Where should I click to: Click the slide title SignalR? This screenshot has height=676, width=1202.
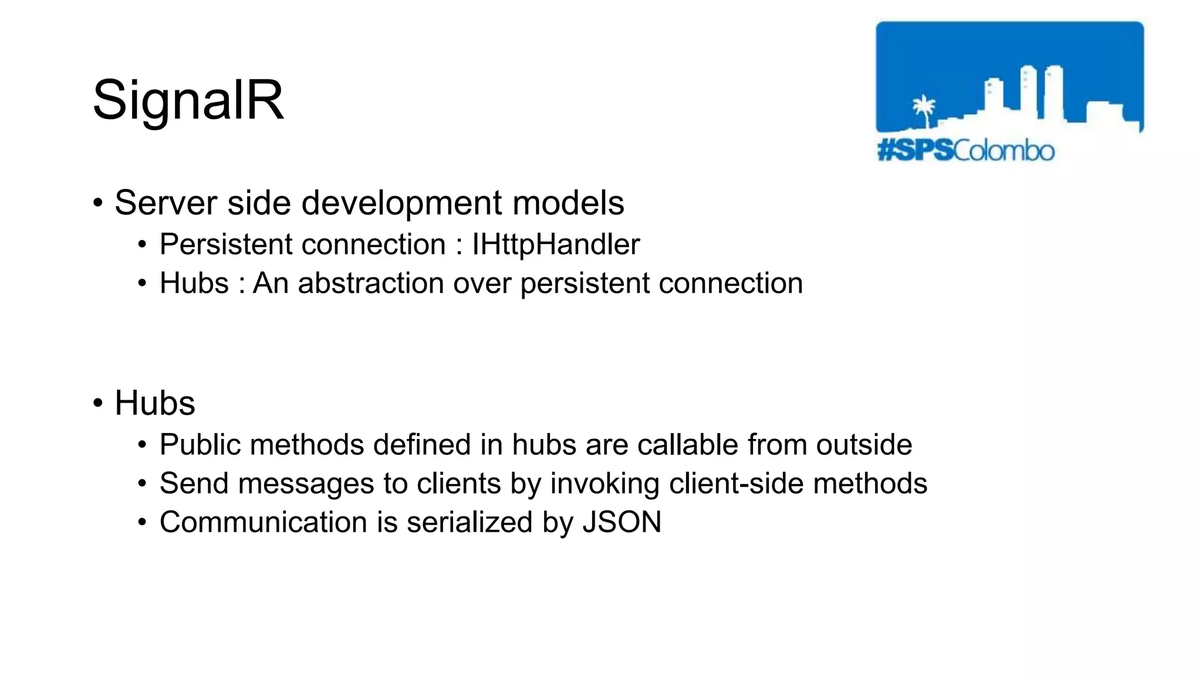(x=188, y=100)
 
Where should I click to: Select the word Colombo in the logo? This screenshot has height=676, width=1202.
(x=1004, y=151)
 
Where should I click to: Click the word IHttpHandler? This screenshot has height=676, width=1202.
(x=555, y=244)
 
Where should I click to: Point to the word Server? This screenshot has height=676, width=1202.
(x=166, y=203)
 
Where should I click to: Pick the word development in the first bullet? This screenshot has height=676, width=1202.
(x=401, y=203)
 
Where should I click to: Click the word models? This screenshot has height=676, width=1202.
(x=568, y=203)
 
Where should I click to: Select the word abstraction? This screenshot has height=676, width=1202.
(x=371, y=283)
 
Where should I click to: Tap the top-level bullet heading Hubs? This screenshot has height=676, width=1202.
(x=154, y=403)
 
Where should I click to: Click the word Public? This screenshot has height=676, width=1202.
(x=200, y=445)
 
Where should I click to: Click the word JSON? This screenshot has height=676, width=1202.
(x=622, y=522)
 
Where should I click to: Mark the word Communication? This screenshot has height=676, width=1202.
(x=264, y=522)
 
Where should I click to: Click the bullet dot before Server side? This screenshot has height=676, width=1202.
(x=98, y=204)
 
